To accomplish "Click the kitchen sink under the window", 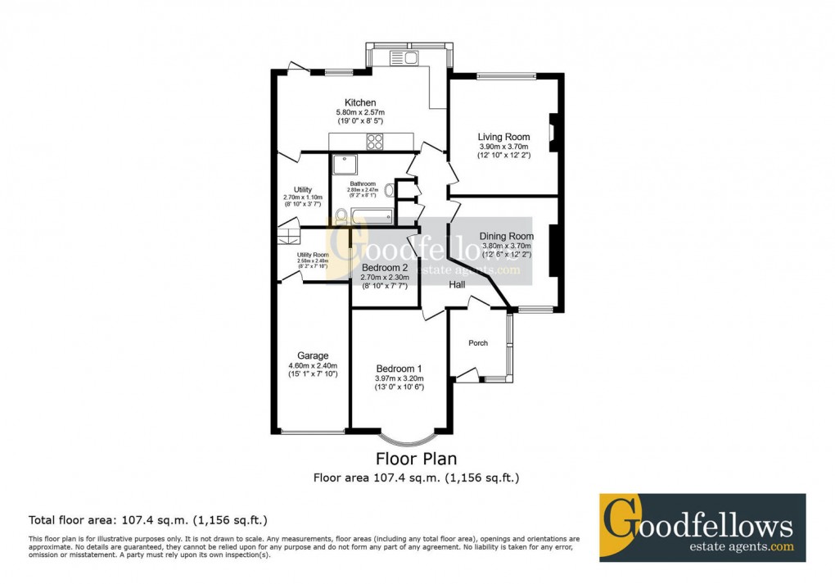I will tap(404, 57).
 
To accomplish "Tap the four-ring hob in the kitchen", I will tap(376, 142).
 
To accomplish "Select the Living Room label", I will tap(503, 137).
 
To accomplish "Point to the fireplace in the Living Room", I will tap(553, 132).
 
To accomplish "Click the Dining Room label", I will tap(506, 236).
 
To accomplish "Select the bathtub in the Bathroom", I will tap(372, 217).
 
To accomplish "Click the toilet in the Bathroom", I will tap(340, 216).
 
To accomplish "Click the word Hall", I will tap(456, 284).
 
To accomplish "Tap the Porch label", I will tap(478, 342).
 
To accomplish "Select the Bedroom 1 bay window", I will tap(399, 435).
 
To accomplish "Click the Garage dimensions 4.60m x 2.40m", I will tap(313, 365).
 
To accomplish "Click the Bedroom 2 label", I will tap(384, 268).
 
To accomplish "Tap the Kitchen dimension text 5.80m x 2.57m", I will tap(360, 112).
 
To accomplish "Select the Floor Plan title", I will tap(416, 459).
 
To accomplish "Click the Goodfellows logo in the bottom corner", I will tap(702, 527).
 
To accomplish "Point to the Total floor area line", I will tap(147, 519).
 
